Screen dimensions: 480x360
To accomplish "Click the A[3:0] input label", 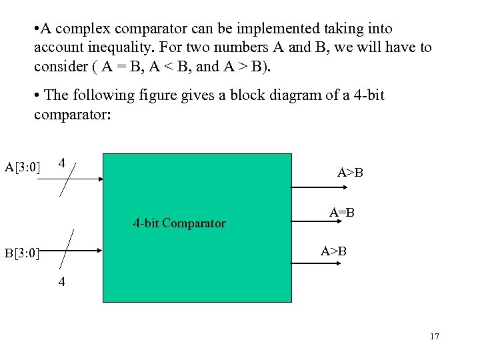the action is click(x=23, y=167).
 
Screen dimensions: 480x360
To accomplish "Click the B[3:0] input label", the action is click(x=22, y=253).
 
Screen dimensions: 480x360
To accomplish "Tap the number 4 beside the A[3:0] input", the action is click(x=61, y=163).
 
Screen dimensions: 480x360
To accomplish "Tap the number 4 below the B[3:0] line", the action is click(x=61, y=282).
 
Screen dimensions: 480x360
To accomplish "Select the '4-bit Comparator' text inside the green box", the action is click(x=179, y=223).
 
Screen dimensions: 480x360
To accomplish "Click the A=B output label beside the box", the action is click(x=341, y=213).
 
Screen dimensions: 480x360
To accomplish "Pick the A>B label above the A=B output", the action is click(x=350, y=173).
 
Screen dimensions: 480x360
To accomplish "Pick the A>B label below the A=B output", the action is click(x=333, y=251).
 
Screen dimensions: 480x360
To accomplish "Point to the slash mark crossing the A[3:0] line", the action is click(x=69, y=178).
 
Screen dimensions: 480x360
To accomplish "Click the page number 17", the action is click(x=435, y=337).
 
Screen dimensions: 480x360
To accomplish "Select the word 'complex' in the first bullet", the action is click(x=83, y=29).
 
